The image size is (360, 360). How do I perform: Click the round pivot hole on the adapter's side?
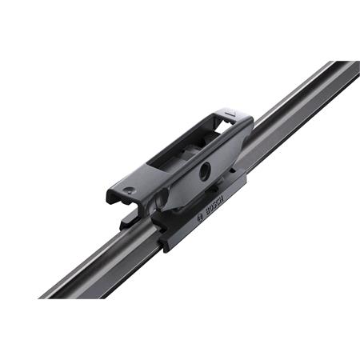point(206,169)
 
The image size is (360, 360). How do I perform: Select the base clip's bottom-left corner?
point(165,246)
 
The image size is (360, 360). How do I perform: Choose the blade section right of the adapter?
point(296,112)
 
